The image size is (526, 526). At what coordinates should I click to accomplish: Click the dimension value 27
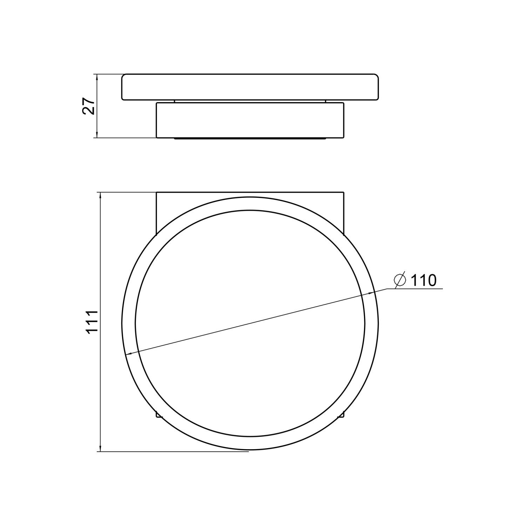click(x=89, y=106)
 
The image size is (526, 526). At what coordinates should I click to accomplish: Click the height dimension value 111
click(x=92, y=322)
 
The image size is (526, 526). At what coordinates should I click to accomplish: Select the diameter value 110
click(x=423, y=280)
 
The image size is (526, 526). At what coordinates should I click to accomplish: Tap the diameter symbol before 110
click(x=400, y=281)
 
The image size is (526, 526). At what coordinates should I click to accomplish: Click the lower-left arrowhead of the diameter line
click(x=129, y=353)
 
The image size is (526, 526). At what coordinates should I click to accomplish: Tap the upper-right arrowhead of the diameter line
click(x=371, y=293)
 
